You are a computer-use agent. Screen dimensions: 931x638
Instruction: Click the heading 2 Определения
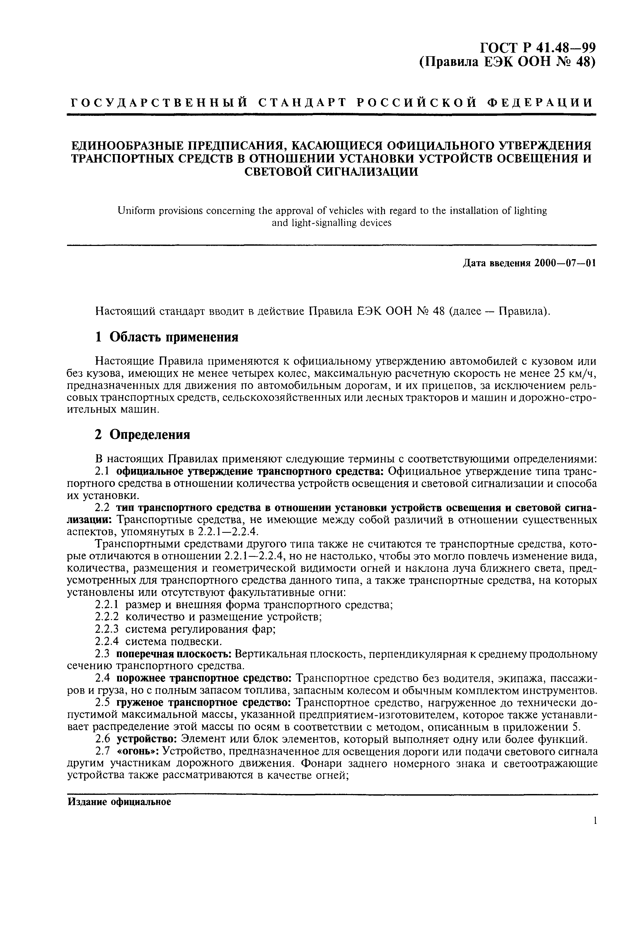tap(142, 434)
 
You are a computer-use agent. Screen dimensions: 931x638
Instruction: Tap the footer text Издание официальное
tap(119, 802)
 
